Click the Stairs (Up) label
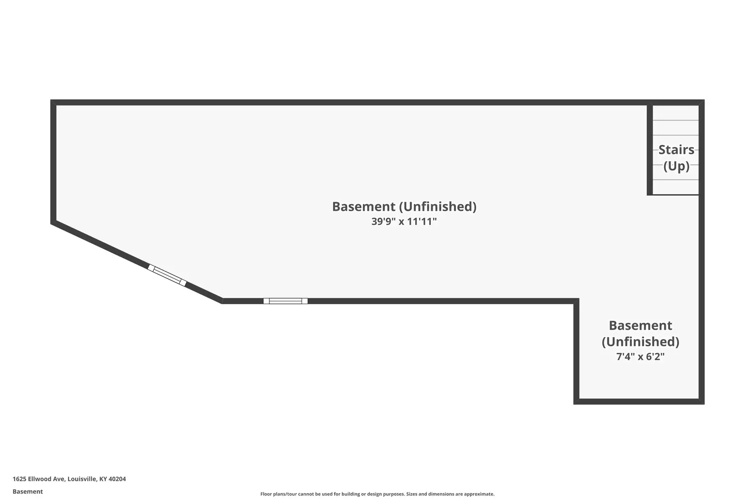click(676, 157)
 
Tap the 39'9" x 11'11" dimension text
click(404, 221)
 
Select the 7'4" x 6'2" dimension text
click(640, 356)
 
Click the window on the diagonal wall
click(167, 275)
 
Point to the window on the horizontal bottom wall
click(285, 301)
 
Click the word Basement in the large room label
click(363, 206)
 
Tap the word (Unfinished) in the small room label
click(640, 341)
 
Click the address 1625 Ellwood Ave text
click(39, 478)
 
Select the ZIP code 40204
click(117, 478)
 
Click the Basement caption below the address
click(28, 491)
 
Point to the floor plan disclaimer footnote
click(377, 494)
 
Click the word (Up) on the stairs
click(676, 166)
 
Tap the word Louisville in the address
click(82, 478)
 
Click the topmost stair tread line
click(675, 120)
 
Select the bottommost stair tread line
click(675, 179)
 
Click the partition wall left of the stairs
click(650, 149)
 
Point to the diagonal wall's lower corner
click(222, 300)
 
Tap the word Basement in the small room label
click(640, 325)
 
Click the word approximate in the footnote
click(479, 494)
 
